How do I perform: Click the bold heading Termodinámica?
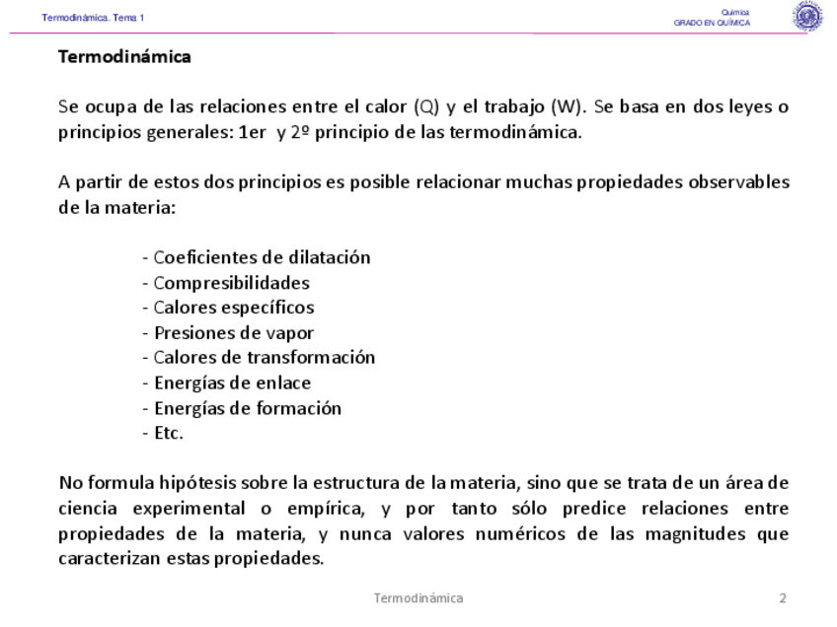click(x=124, y=57)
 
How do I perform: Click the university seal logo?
click(x=807, y=17)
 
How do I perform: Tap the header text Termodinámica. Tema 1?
click(x=93, y=18)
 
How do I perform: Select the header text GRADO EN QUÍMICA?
click(x=712, y=23)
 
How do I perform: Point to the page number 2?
click(x=783, y=598)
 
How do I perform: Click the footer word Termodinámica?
click(x=418, y=598)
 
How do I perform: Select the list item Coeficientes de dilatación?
click(x=257, y=258)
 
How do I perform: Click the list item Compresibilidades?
click(x=226, y=283)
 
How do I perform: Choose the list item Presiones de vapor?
click(x=229, y=333)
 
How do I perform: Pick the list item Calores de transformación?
click(x=259, y=358)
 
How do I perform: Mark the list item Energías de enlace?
click(x=227, y=383)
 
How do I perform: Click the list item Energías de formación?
click(x=243, y=408)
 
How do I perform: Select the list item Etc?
click(x=164, y=433)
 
